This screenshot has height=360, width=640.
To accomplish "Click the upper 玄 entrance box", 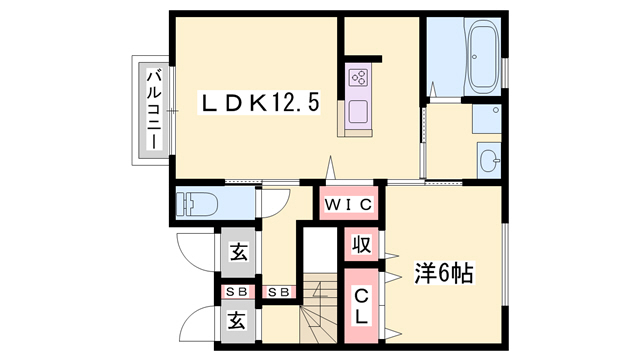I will tap(239, 254).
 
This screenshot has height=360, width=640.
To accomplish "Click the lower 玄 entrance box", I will tap(239, 321).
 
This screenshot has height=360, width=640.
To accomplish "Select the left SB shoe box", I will tap(238, 291).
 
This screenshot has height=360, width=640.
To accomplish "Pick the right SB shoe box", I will tap(280, 291).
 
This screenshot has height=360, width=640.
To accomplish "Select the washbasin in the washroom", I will tap(487, 158).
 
